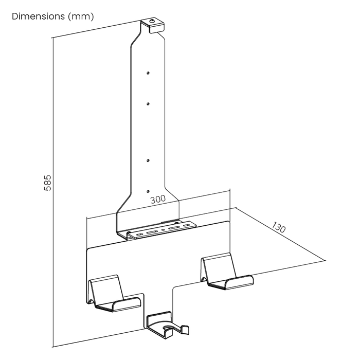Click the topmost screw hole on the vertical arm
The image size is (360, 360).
pos(148,73)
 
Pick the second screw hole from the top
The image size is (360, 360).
pos(148,104)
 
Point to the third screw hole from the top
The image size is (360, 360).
pos(148,158)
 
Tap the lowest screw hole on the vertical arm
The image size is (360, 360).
pos(148,189)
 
